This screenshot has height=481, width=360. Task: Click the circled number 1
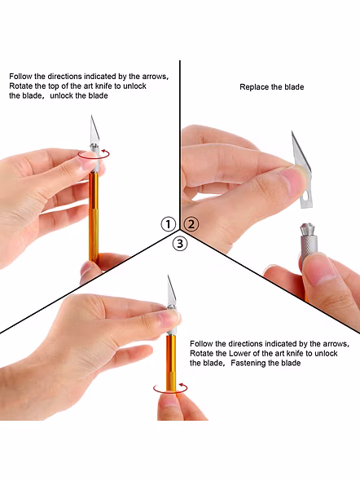coord(168,224)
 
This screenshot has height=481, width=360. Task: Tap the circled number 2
coord(191,224)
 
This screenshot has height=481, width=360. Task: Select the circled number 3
coord(180,244)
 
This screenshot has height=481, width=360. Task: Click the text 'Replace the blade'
coord(272,87)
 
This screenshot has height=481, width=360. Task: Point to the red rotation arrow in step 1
coord(94,158)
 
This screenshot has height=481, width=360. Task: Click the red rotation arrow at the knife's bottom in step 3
coord(170,392)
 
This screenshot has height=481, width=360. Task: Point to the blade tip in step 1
coord(91,115)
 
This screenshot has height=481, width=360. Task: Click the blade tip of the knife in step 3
coord(169,276)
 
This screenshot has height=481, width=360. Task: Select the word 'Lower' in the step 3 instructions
coord(239,353)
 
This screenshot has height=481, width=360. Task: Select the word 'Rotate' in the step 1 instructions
coord(20,86)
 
